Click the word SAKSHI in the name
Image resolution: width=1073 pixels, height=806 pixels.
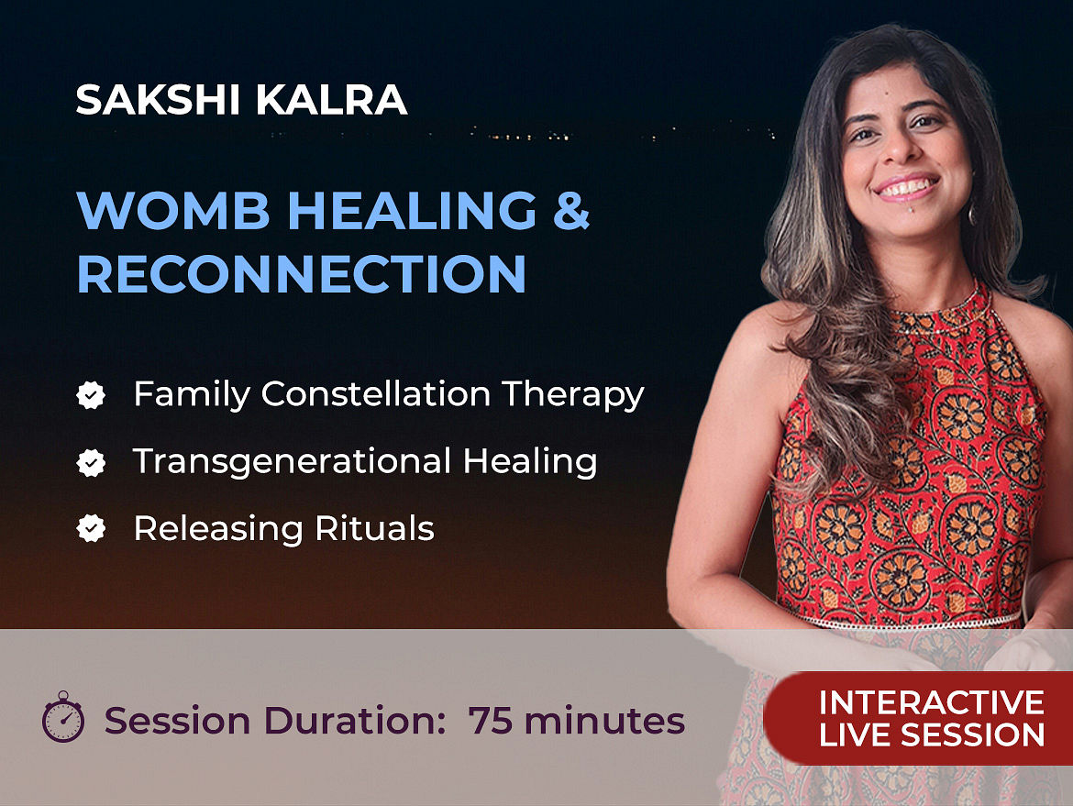point(158,100)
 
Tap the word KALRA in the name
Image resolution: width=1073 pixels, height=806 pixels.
point(331,100)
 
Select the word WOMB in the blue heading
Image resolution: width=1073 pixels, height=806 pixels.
point(174,210)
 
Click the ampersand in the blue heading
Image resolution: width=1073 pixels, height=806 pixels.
point(571,210)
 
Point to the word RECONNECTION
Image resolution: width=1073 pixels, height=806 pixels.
point(302,274)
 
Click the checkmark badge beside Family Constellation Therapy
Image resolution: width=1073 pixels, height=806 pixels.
point(91,395)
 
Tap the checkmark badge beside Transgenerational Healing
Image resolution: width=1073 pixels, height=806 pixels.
point(91,462)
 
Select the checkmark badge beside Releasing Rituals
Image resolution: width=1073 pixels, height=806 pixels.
point(91,528)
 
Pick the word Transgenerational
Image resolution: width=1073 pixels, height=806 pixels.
point(292,462)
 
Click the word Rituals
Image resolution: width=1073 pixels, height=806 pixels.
point(374,528)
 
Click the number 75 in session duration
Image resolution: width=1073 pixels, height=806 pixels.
point(490,721)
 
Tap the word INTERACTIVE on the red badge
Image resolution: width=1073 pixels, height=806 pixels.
point(932,702)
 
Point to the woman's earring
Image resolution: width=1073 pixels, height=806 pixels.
point(970,214)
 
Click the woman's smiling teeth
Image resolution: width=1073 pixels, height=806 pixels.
point(907,187)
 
